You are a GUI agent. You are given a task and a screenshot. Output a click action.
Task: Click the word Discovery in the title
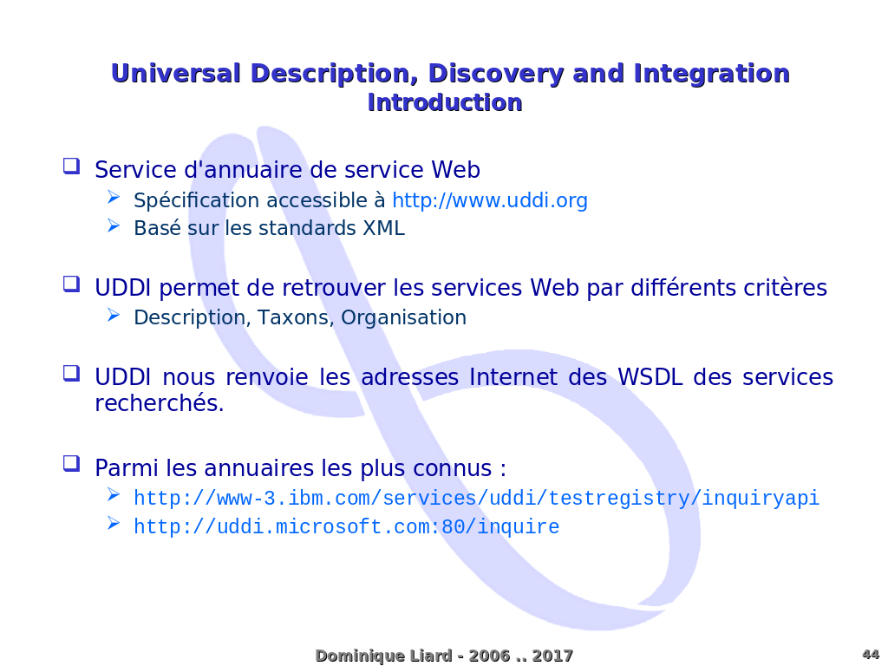tap(496, 75)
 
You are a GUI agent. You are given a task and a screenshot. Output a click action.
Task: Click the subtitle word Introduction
tap(445, 102)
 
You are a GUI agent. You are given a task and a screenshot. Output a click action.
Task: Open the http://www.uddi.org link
tap(490, 200)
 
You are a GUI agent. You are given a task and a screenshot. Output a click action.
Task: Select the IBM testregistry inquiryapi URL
tap(476, 499)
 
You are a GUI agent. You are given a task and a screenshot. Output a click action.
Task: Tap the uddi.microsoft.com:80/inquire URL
tap(347, 526)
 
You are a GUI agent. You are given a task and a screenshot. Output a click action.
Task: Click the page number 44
tap(871, 654)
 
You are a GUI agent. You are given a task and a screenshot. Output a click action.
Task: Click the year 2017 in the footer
tap(552, 656)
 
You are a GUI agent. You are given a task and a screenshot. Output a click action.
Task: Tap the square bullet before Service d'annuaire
tap(71, 166)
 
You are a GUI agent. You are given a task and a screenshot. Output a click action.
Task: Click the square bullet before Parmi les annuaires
tap(71, 464)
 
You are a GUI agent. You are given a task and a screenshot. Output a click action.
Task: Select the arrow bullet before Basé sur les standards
tap(114, 226)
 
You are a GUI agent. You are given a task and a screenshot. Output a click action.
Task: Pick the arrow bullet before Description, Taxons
tap(114, 315)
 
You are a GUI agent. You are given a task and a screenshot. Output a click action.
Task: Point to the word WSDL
tap(650, 377)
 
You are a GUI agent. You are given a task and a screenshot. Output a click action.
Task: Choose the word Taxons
tap(293, 317)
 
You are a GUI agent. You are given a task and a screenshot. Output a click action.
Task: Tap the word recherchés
tap(160, 403)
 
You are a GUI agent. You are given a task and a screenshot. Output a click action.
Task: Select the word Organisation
tap(403, 318)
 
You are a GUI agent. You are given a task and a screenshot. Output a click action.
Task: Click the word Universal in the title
tap(175, 75)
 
